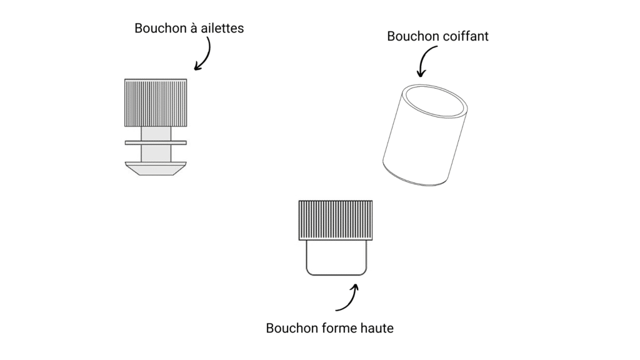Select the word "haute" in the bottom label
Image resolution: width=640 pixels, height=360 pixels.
click(x=377, y=328)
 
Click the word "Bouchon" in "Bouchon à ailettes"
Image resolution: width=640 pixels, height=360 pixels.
click(x=160, y=28)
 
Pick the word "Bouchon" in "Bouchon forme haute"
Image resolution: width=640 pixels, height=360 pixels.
click(x=292, y=328)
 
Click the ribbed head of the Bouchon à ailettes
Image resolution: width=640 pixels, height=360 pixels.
click(x=156, y=103)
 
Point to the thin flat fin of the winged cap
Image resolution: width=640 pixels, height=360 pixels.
click(x=156, y=143)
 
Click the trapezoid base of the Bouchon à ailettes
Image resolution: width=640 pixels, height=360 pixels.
click(x=156, y=169)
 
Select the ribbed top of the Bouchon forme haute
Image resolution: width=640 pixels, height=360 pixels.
click(x=336, y=220)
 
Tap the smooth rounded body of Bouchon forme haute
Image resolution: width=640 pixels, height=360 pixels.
click(x=336, y=257)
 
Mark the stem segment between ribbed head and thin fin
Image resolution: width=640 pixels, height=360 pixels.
click(x=156, y=134)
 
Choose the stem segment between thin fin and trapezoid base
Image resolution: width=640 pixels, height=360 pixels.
click(x=156, y=153)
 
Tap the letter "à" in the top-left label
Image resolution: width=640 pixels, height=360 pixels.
click(x=193, y=28)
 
